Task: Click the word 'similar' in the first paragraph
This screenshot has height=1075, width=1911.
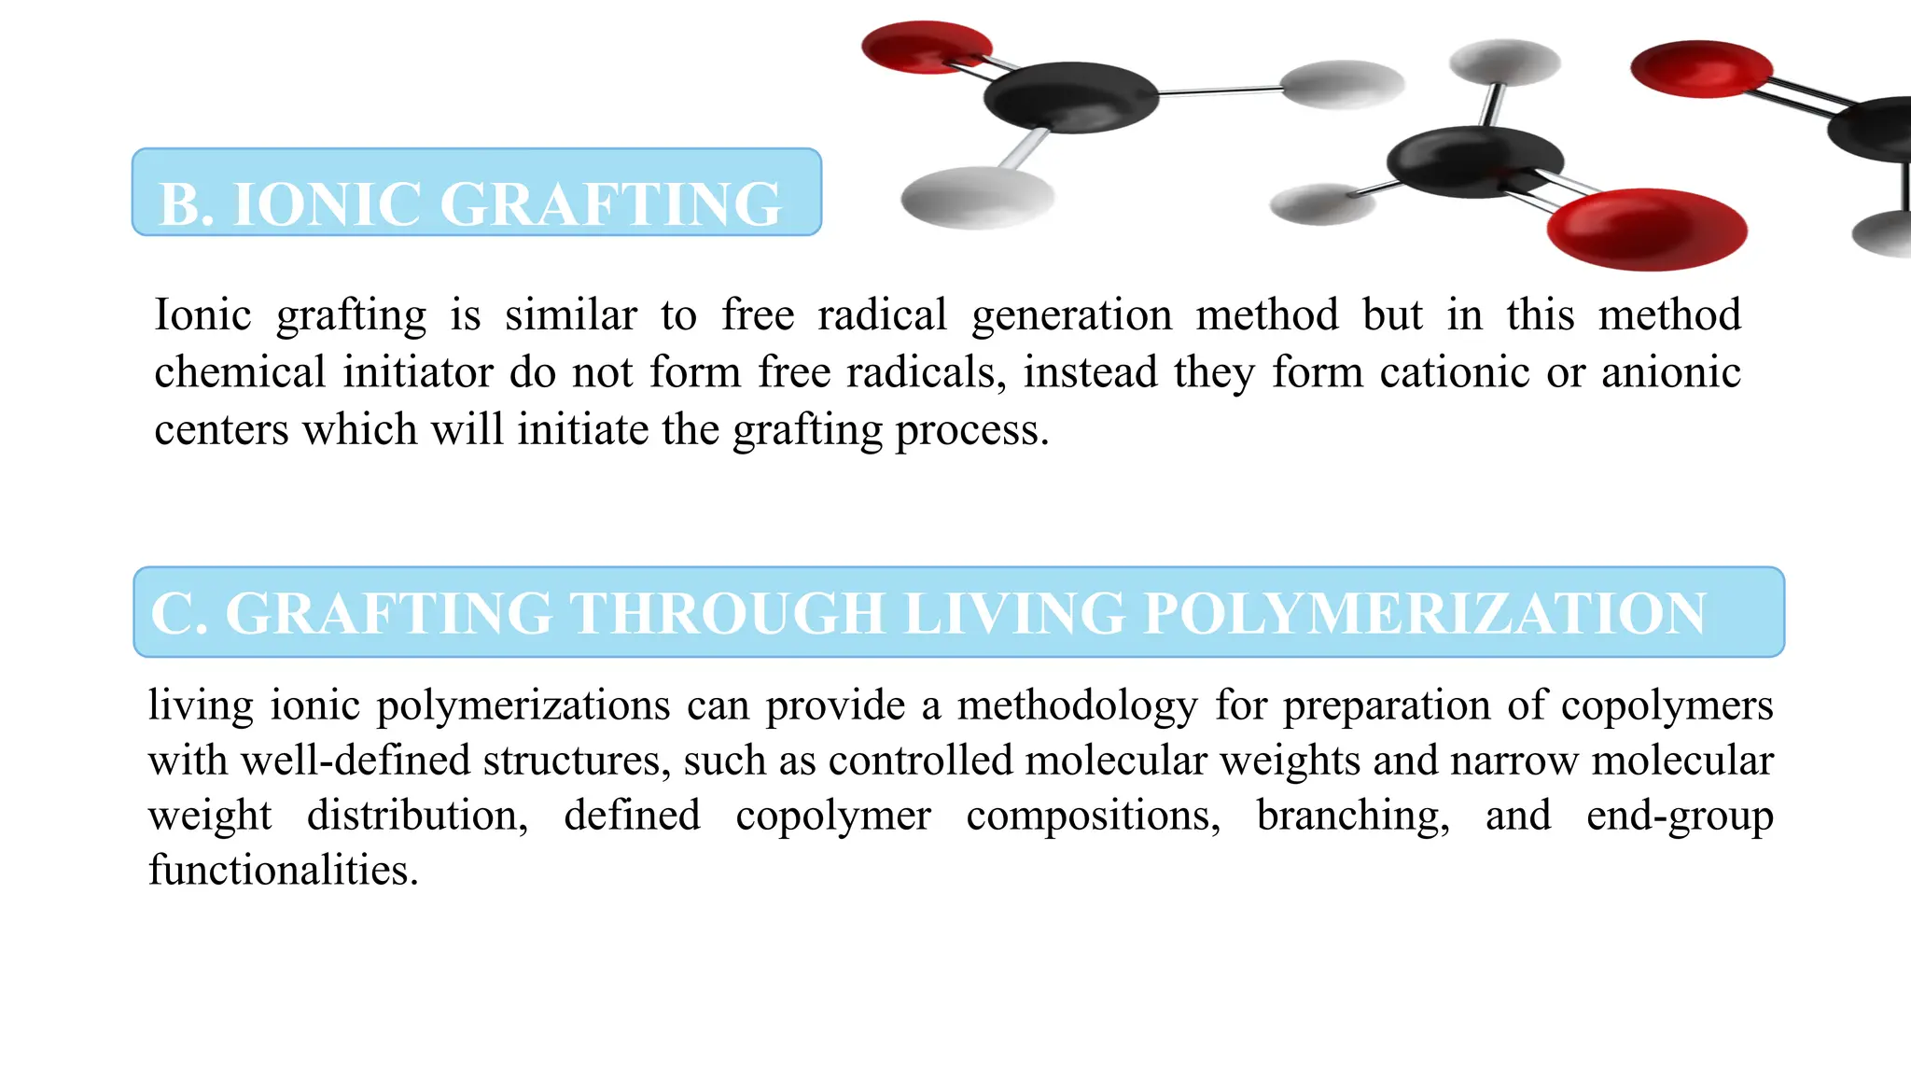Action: pos(571,314)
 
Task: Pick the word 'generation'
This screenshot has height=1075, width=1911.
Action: pos(1071,316)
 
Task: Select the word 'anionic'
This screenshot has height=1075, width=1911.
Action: pos(1671,372)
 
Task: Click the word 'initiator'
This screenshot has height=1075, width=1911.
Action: pos(417,372)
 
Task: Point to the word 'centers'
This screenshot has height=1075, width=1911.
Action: pos(221,430)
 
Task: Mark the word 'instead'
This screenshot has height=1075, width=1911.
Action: pos(1090,372)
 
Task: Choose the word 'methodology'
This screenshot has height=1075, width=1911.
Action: pos(1078,706)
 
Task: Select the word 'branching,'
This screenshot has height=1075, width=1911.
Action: pos(1353,816)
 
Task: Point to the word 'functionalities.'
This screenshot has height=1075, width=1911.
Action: pos(284,871)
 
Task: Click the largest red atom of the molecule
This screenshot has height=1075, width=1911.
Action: pos(1647,229)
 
